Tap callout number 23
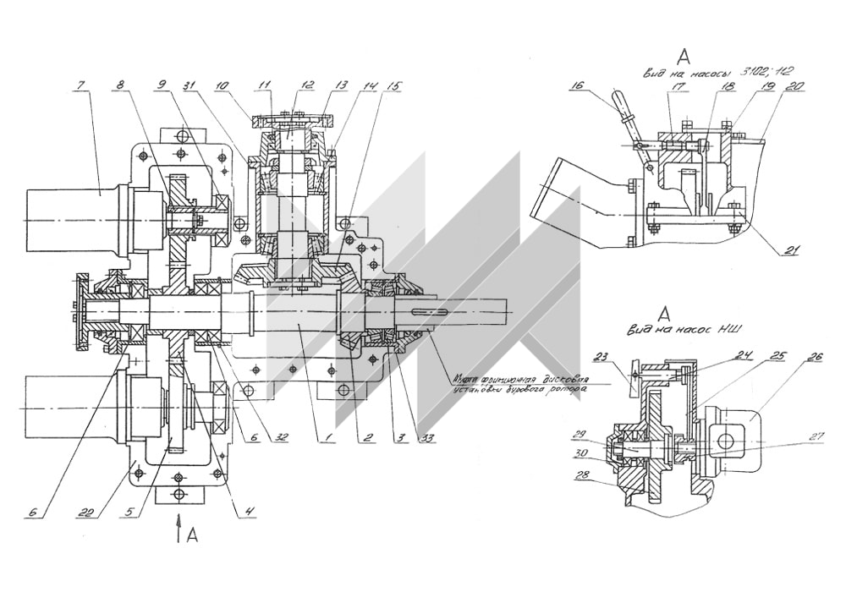point(598,355)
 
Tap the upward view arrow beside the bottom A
point(179,529)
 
